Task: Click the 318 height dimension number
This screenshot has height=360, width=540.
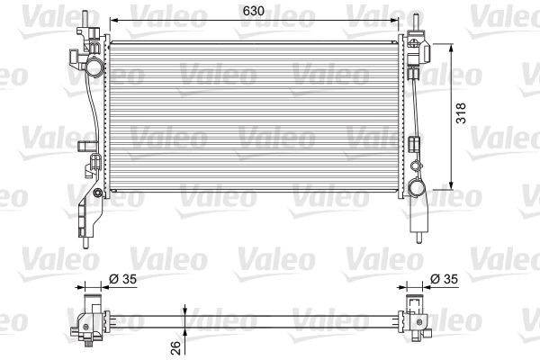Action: pos(460,112)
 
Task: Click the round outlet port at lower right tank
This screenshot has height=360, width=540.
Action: pos(418,188)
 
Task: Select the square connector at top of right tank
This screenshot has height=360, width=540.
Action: pos(415,40)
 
